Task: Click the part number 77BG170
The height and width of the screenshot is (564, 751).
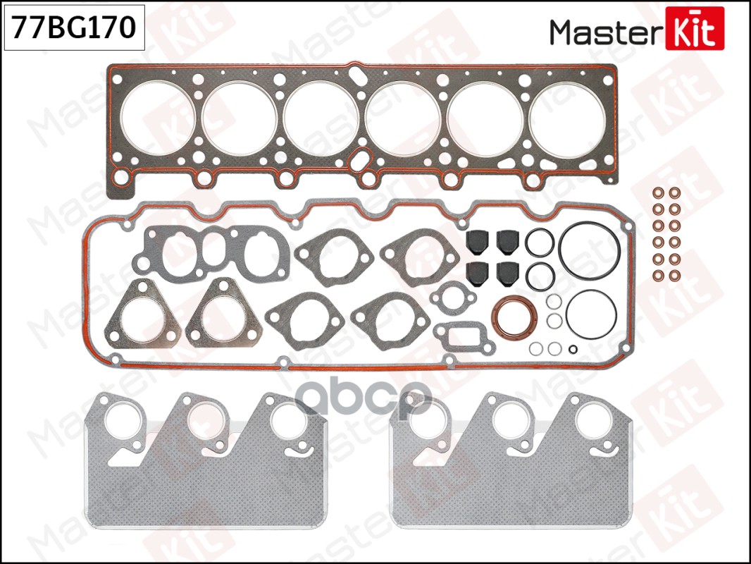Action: coord(74,27)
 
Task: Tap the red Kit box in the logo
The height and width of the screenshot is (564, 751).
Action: coord(694,28)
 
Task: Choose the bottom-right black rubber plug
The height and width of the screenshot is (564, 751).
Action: coord(508,272)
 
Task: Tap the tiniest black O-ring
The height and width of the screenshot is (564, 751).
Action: coord(573,348)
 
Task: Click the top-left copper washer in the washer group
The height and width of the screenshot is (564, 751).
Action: coord(658,192)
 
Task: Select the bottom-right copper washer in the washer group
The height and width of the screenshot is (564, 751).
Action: coord(674,275)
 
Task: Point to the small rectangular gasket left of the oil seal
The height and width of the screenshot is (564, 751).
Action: coord(457,336)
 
